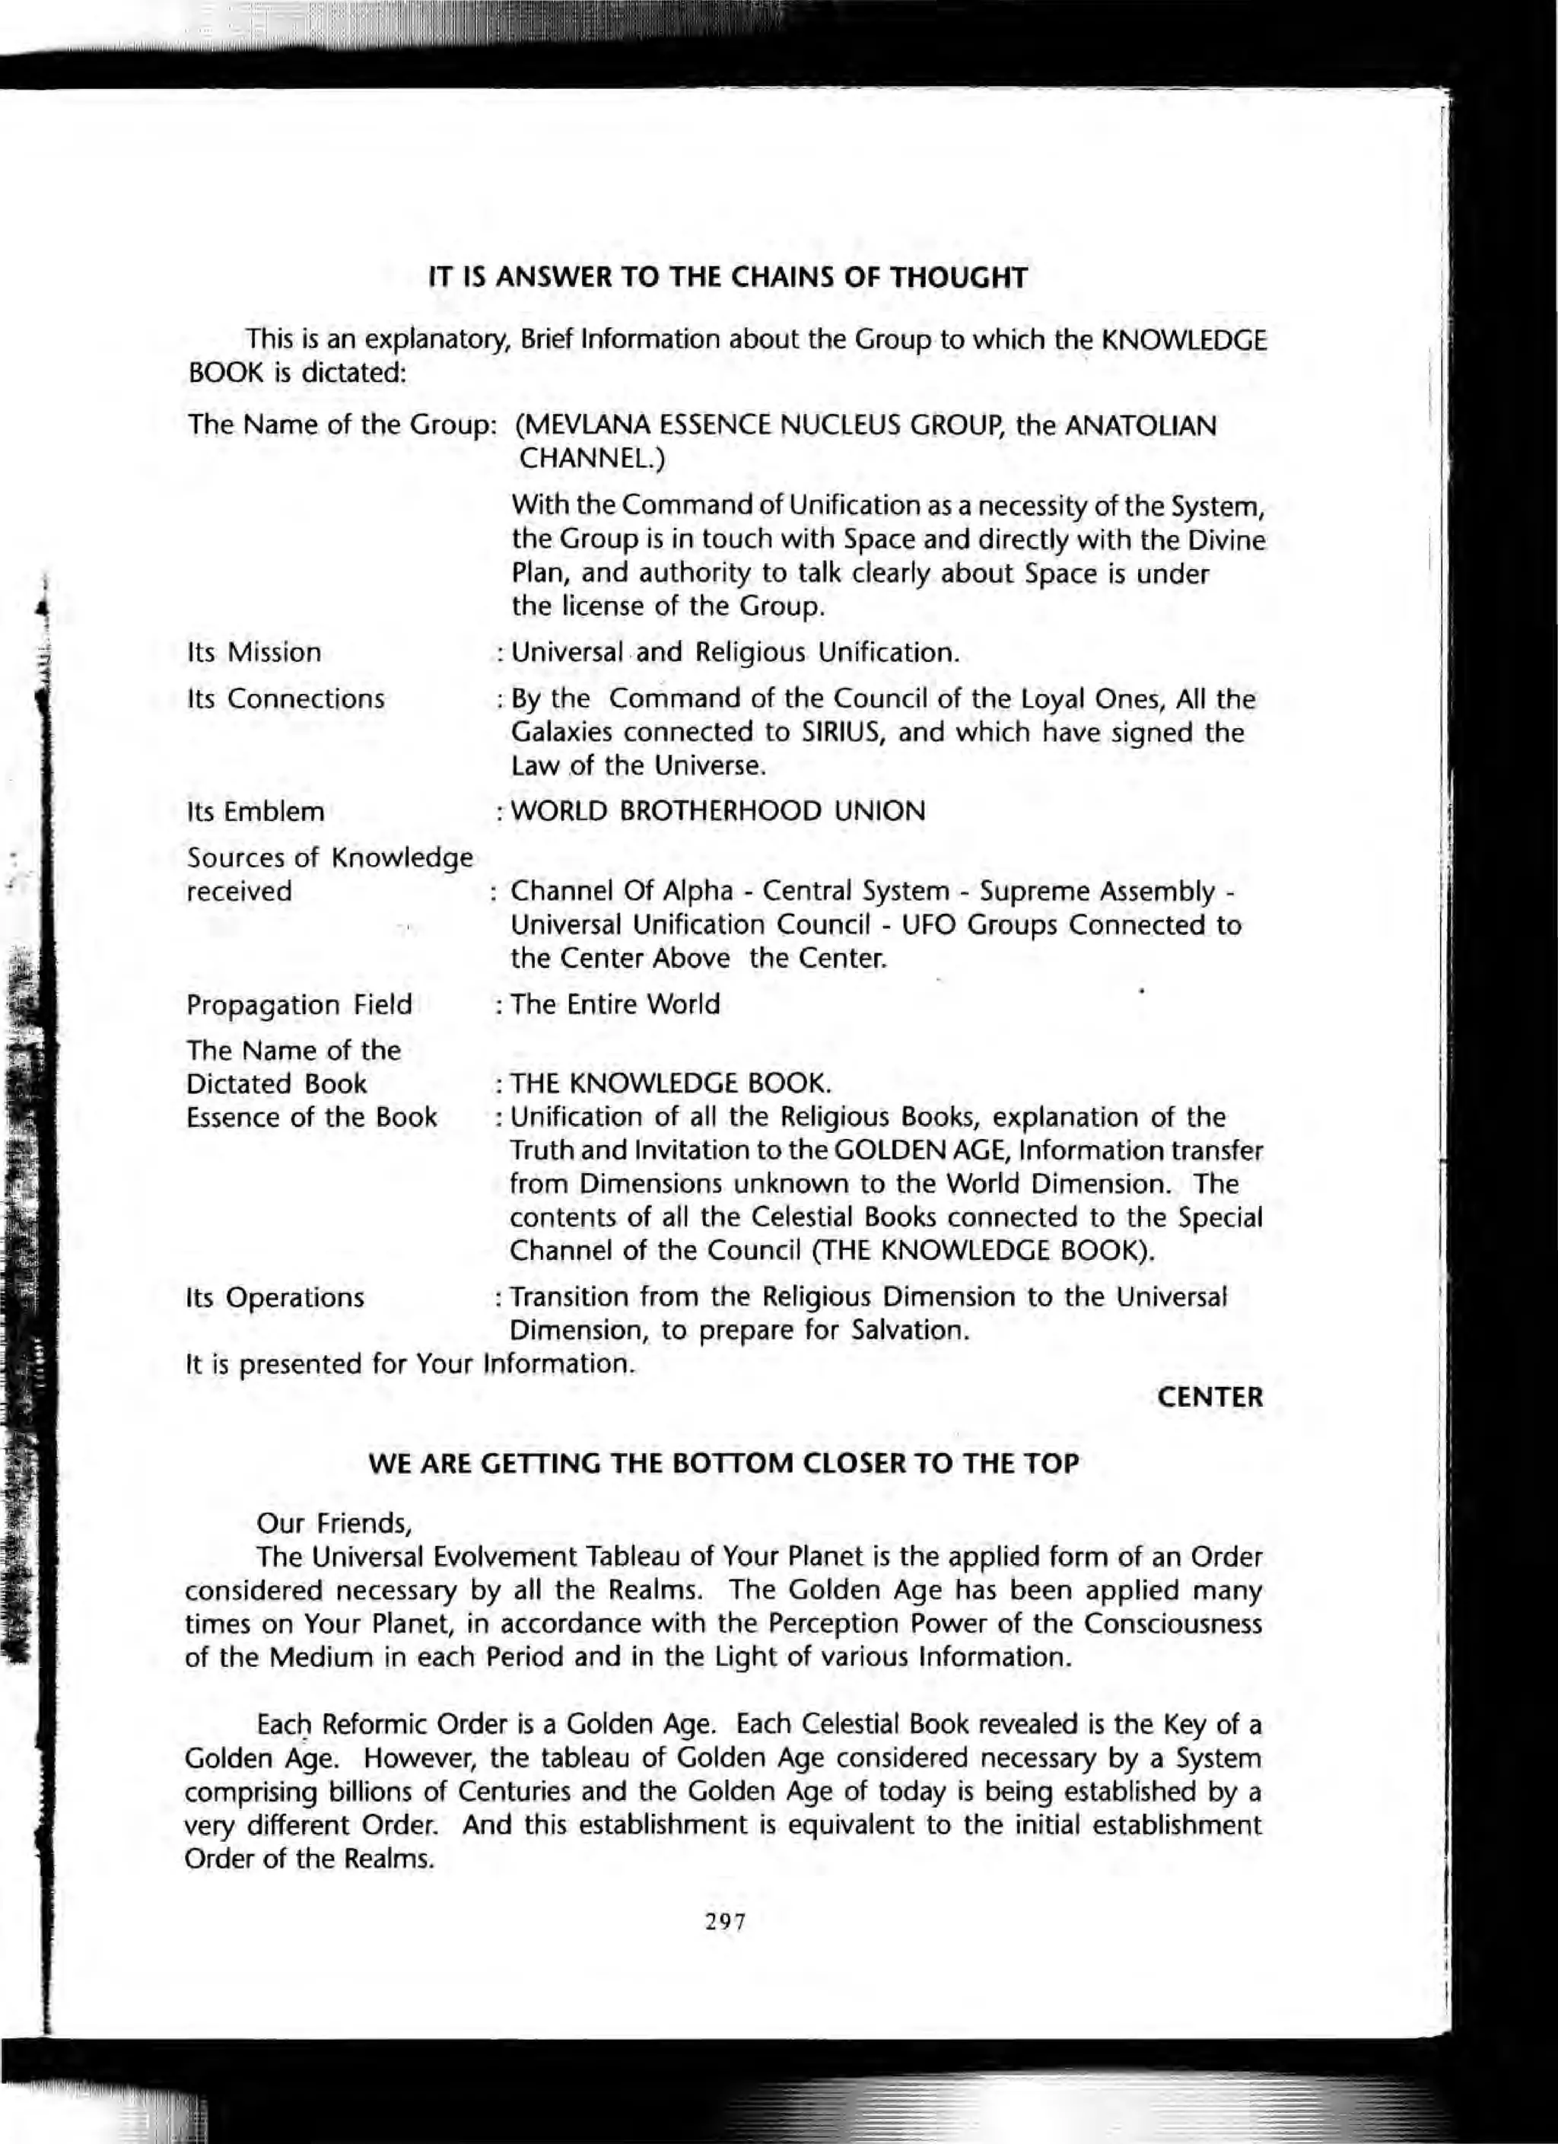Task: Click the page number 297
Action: coord(725,1922)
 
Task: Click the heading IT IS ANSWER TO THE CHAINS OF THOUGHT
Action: coord(727,278)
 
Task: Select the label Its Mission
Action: coord(254,652)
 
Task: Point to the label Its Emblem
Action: coord(256,811)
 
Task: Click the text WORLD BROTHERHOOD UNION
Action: coord(717,811)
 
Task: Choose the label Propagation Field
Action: coord(299,1004)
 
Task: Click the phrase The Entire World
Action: coord(615,1004)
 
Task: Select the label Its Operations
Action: coord(275,1297)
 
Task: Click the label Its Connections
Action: coord(285,698)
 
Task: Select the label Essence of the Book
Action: coord(311,1118)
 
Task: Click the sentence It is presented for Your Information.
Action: coord(409,1364)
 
